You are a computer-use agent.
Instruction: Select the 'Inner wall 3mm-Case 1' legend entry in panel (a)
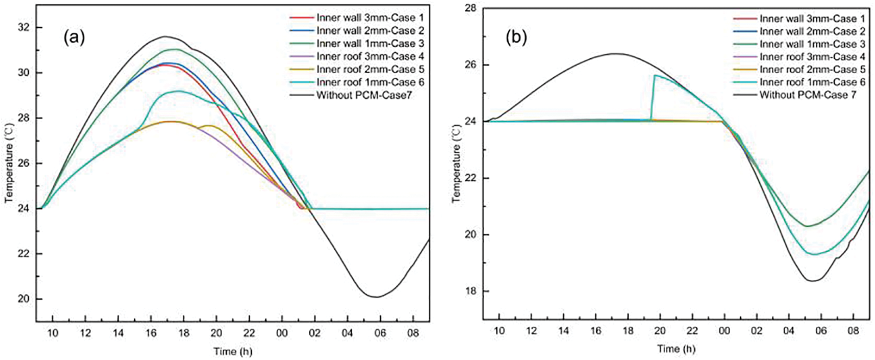pos(370,18)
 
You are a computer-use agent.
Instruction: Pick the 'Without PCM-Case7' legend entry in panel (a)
pos(364,95)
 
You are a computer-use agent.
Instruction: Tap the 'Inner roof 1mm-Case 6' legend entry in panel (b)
pos(812,82)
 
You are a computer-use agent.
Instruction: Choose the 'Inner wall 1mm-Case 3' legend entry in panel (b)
pos(812,44)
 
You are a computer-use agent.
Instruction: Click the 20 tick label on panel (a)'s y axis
pos(23,299)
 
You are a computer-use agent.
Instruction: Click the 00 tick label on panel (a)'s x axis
pos(281,333)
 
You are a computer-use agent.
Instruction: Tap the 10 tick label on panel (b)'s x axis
pos(499,331)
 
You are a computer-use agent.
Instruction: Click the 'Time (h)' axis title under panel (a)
pos(233,352)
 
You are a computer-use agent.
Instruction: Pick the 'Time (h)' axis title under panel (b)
pos(676,349)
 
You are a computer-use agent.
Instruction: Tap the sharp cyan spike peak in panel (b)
pos(655,75)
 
